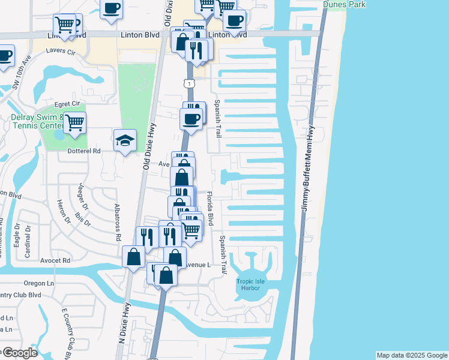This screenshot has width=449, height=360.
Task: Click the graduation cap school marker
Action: pyautogui.click(x=125, y=140)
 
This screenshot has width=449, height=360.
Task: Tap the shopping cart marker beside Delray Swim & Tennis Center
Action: pyautogui.click(x=74, y=123)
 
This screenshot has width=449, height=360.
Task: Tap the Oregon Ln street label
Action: pyautogui.click(x=39, y=283)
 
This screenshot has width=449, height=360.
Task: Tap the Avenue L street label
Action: pyautogui.click(x=197, y=265)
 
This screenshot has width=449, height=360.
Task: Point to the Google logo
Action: pyautogui.click(x=19, y=353)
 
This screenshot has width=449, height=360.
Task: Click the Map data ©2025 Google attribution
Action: pyautogui.click(x=411, y=355)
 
